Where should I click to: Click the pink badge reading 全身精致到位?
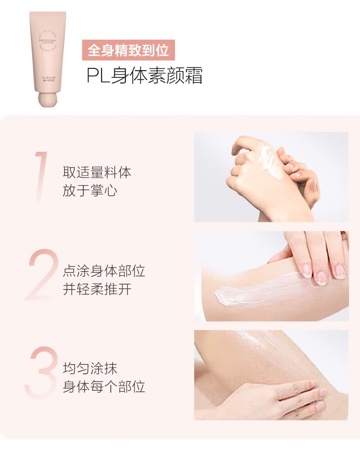pos(128,50)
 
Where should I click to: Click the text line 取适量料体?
pos(97,172)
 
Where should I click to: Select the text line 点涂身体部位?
pos(103,271)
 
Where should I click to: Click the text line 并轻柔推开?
pos(97,289)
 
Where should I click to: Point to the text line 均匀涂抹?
pos(90,369)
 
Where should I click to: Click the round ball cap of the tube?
pos(48,98)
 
